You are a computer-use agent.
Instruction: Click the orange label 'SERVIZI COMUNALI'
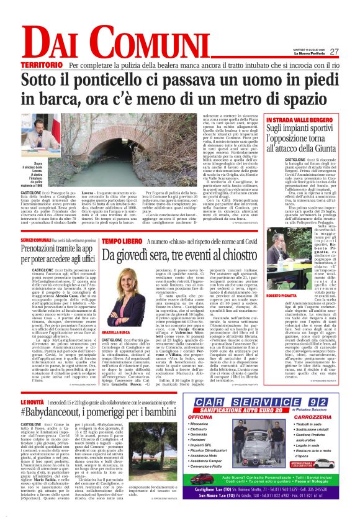(x=38, y=240)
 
